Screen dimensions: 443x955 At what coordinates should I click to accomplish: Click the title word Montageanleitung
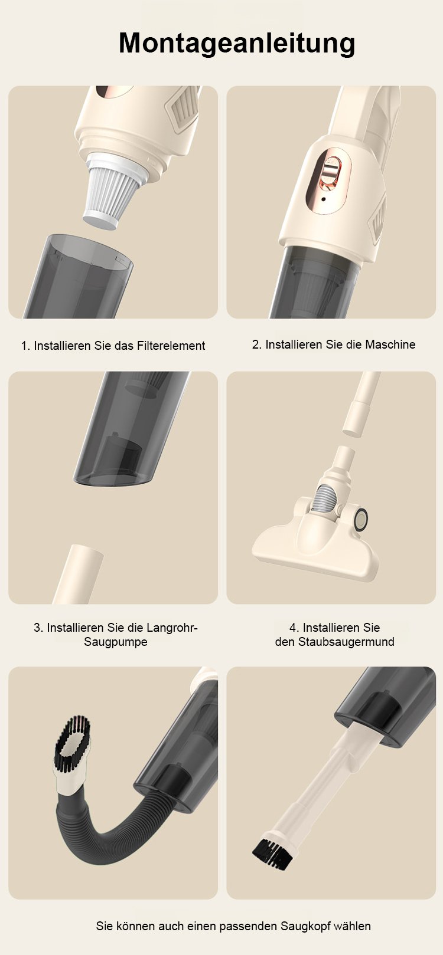237,44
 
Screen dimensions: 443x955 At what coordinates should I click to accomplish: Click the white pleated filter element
113,192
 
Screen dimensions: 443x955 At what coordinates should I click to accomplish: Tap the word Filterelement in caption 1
171,346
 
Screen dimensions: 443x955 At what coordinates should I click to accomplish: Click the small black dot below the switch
324,199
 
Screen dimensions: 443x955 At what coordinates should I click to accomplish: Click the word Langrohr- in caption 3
172,628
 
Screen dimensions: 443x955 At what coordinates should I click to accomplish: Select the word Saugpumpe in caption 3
116,642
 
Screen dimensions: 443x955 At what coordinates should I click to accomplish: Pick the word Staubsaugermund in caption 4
346,642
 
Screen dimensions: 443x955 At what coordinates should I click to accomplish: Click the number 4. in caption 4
294,628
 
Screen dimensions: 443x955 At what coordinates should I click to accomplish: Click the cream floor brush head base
315,550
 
